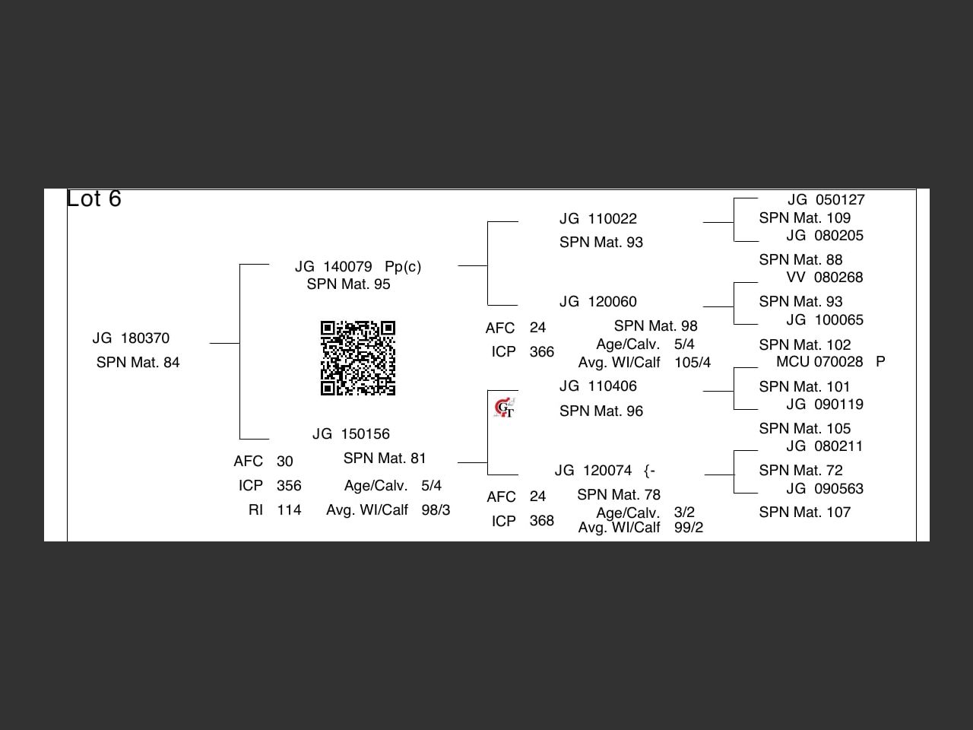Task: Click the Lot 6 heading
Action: click(x=94, y=199)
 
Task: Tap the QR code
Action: click(x=357, y=358)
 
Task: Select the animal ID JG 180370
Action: click(x=131, y=338)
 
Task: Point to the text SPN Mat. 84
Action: click(x=138, y=363)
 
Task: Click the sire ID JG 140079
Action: click(x=334, y=267)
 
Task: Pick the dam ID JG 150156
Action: click(x=350, y=434)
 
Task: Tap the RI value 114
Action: click(x=289, y=510)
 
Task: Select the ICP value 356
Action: click(x=289, y=486)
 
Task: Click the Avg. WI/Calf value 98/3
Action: click(x=436, y=510)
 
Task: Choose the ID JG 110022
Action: click(x=597, y=219)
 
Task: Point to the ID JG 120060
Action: click(x=597, y=302)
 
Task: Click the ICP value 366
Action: click(x=541, y=352)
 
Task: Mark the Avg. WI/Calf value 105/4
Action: click(x=692, y=363)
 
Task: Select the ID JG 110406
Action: click(x=597, y=386)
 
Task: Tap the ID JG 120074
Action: click(x=593, y=471)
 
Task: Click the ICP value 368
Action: click(x=541, y=521)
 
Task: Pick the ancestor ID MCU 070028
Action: click(x=819, y=362)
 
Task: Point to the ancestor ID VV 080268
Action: click(x=824, y=278)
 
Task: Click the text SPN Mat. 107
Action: click(x=804, y=513)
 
